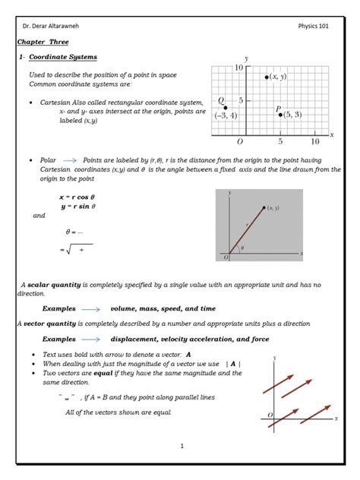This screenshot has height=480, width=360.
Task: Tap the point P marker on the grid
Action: [x=280, y=115]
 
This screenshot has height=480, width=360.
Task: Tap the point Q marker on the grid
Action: [x=226, y=108]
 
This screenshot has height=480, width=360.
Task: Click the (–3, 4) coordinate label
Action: [x=226, y=116]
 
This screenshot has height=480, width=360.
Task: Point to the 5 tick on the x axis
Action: [x=280, y=141]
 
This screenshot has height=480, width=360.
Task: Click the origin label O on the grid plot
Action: [x=240, y=141]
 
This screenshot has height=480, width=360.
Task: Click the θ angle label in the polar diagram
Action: [x=242, y=247]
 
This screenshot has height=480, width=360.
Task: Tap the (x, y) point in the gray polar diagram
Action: [x=264, y=207]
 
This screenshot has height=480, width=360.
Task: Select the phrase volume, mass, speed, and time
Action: [x=163, y=309]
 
